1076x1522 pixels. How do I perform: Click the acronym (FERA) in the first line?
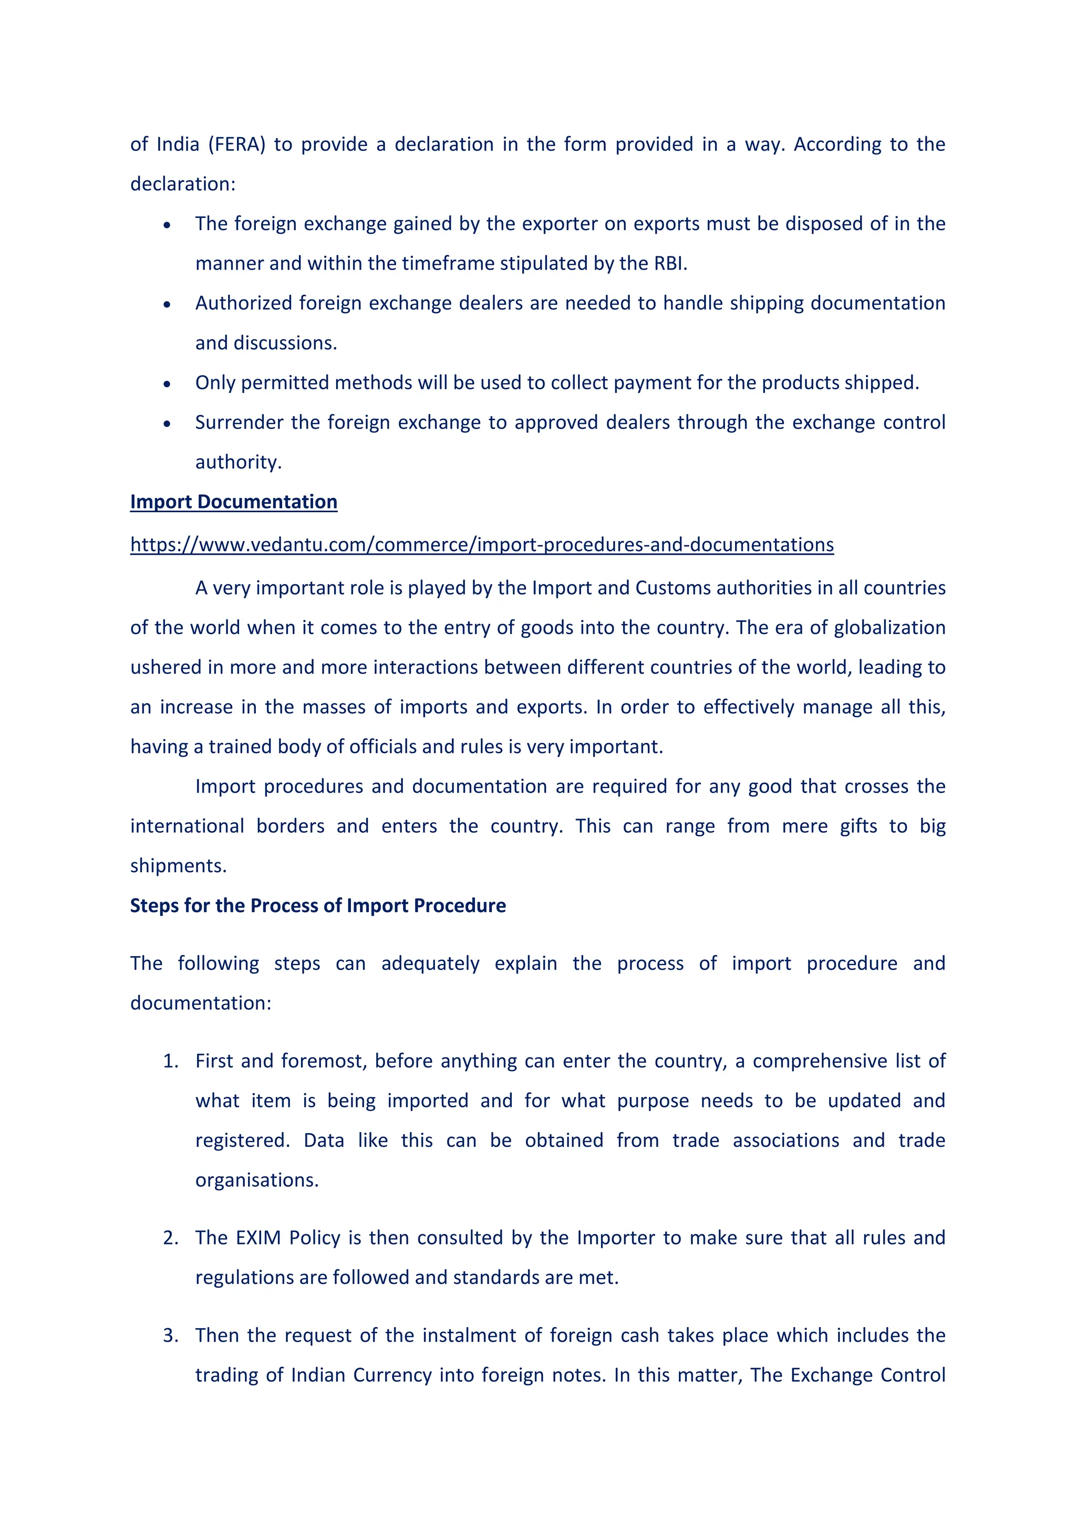coord(236,144)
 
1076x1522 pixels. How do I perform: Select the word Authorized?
coord(243,303)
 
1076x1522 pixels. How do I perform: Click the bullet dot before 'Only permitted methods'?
coord(167,384)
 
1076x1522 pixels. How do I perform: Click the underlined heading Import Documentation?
coord(233,502)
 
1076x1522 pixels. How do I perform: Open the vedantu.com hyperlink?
coord(481,545)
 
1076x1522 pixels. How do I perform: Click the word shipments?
coord(178,866)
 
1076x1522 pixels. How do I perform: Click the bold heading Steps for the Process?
coord(317,906)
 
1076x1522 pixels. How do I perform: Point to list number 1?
coord(170,1061)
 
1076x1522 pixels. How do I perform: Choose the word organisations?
coord(256,1181)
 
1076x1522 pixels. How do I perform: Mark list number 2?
coord(170,1238)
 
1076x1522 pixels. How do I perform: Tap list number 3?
coord(170,1335)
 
